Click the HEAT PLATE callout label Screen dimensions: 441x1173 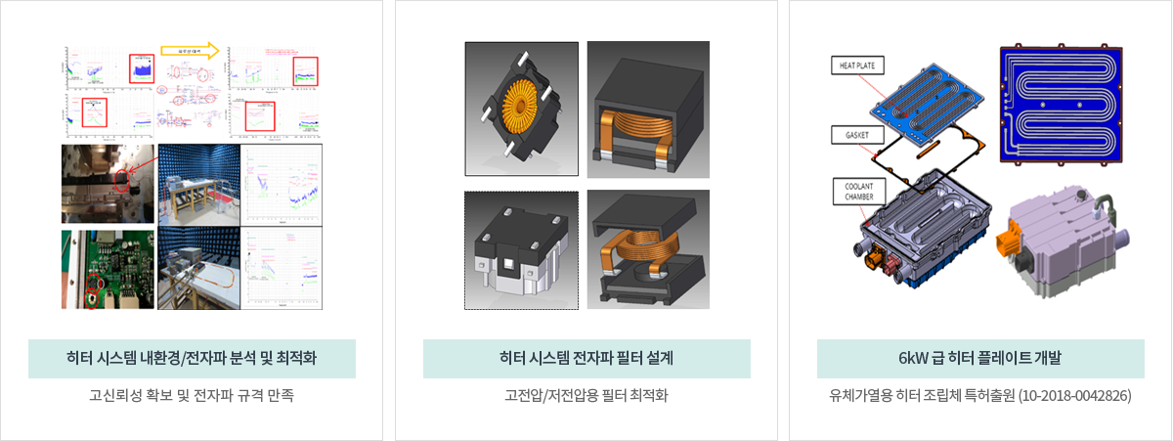click(x=857, y=66)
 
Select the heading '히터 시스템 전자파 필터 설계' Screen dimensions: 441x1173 click(x=586, y=359)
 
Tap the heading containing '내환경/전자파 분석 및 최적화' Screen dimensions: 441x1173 click(x=192, y=359)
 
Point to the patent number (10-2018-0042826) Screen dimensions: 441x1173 click(x=1073, y=396)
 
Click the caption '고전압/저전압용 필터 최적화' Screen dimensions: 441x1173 click(x=586, y=396)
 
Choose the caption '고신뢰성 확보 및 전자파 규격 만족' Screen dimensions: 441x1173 click(x=192, y=396)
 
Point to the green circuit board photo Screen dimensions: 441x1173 click(x=108, y=269)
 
